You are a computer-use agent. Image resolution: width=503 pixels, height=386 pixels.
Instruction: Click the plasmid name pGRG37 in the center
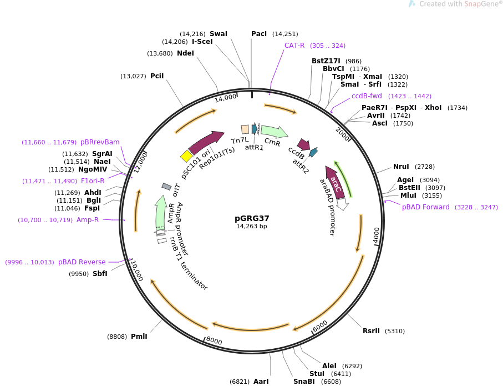(x=252, y=218)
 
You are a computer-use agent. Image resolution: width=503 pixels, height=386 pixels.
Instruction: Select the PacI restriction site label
(x=259, y=34)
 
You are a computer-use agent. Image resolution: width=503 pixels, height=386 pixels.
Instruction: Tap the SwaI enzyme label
(x=219, y=34)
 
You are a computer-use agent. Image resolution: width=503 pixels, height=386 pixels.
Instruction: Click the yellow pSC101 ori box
(x=186, y=157)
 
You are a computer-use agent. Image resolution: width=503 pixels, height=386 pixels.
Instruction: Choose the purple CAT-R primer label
(x=294, y=46)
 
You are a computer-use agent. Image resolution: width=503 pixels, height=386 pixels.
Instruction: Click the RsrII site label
(x=371, y=331)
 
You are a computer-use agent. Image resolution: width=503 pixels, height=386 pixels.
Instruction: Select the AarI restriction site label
(x=261, y=382)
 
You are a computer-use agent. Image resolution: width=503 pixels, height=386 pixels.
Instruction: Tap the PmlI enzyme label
(x=139, y=337)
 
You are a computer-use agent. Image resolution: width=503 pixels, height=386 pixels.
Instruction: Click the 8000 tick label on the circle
(x=214, y=341)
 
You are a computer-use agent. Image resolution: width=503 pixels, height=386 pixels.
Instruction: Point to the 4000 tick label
(x=377, y=234)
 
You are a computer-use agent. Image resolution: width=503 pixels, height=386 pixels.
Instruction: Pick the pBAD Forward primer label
(x=426, y=207)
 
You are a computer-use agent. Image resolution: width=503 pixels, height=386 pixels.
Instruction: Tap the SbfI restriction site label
(x=100, y=274)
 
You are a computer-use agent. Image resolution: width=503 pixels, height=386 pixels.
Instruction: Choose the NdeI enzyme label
(x=186, y=53)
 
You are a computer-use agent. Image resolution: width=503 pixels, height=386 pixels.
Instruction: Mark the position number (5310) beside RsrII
(x=395, y=331)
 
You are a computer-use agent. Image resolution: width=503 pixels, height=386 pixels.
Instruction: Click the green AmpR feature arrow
(x=160, y=213)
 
